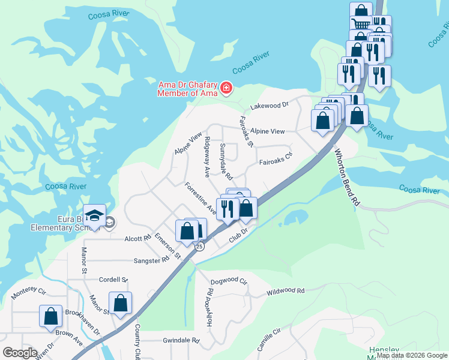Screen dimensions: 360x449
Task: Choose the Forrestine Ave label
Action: [x=200, y=198]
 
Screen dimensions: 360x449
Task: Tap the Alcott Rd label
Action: [x=138, y=238]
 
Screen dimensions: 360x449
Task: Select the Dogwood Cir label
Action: [x=229, y=280]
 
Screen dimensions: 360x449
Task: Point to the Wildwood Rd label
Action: [x=286, y=290]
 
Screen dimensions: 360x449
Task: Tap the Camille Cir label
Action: [x=268, y=340]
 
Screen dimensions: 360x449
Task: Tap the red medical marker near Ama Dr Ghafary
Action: [x=226, y=89]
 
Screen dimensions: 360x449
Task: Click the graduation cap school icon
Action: [x=94, y=217]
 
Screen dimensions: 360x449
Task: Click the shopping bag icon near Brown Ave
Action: [x=50, y=316]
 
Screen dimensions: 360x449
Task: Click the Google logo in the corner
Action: [x=20, y=352]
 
